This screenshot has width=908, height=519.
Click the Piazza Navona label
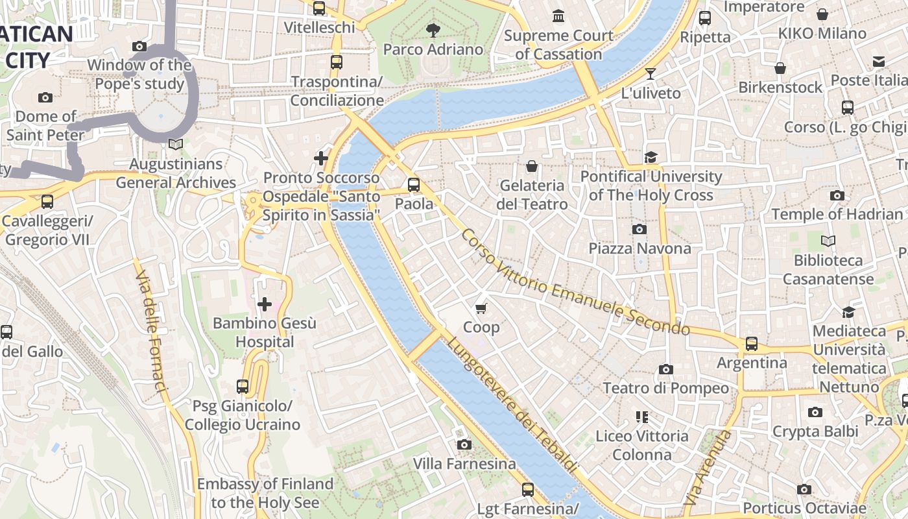639,248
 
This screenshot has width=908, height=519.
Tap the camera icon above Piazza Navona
639,229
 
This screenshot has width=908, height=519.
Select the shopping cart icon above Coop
481,308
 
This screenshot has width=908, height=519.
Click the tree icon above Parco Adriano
433,30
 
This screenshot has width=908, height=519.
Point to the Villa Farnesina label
464,464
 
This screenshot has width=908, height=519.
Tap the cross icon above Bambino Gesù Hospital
265,304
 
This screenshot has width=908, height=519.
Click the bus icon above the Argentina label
751,343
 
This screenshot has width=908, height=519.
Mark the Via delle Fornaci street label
152,331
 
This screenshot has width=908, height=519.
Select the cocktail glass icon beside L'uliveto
651,74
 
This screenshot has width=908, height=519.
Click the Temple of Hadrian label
837,214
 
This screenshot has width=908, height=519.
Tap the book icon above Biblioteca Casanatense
828,241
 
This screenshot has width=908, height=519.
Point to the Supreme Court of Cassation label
558,45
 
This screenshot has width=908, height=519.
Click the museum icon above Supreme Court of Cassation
558,16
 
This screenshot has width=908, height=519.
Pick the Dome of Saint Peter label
45,126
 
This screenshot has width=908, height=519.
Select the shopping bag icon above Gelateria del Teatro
532,166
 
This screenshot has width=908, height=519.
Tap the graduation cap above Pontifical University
651,157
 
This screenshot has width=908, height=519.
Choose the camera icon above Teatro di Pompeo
665,369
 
